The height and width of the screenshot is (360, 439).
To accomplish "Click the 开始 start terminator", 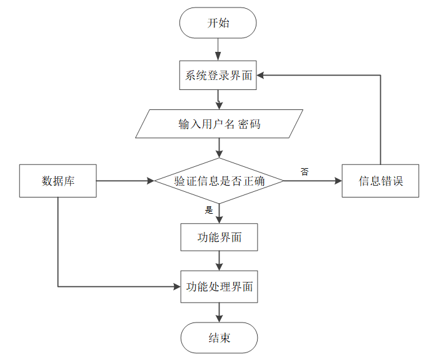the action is click(218, 22).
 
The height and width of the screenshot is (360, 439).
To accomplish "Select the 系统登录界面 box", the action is click(218, 75).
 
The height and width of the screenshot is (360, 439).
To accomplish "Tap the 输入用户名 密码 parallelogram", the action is click(219, 124).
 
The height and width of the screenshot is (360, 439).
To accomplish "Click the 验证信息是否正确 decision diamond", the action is click(219, 181).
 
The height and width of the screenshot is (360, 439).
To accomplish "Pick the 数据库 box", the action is click(58, 181).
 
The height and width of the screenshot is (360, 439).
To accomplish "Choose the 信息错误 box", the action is click(380, 181).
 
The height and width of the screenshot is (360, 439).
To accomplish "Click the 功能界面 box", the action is click(219, 237).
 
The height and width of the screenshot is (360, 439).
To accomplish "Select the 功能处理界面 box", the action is click(219, 287).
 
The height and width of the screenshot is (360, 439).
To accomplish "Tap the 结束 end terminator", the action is click(219, 337).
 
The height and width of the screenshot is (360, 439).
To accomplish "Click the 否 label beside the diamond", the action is click(305, 171).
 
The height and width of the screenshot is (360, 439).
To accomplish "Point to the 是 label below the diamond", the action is click(209, 210).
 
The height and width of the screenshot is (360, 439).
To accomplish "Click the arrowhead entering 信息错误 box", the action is click(338, 181).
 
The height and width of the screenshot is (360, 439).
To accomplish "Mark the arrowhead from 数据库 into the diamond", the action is click(151, 181).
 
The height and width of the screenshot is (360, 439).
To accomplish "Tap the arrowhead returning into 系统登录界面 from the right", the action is click(260, 75).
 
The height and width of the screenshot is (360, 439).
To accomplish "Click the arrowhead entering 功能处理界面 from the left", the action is click(177, 287).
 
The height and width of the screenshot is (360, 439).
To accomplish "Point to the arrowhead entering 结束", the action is click(219, 319).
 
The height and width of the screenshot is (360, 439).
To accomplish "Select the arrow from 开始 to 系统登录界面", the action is click(218, 49).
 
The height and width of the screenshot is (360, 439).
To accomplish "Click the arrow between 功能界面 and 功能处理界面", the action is click(219, 261).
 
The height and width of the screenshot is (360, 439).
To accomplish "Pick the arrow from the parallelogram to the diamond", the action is click(219, 148).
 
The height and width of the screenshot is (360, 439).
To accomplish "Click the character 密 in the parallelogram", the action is click(243, 124).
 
